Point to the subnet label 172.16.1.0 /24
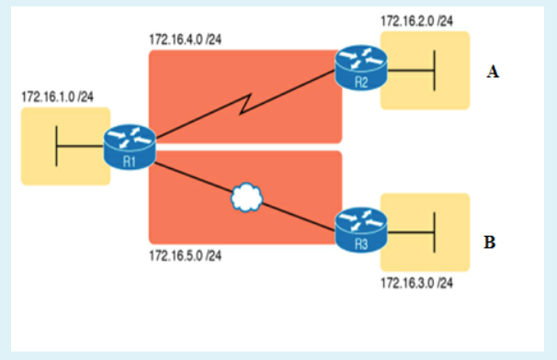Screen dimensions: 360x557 58,96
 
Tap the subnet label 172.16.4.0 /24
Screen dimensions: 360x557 185,39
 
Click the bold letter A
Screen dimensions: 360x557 493,72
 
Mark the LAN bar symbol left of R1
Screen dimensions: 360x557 58,146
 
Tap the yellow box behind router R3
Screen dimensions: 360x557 450,257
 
